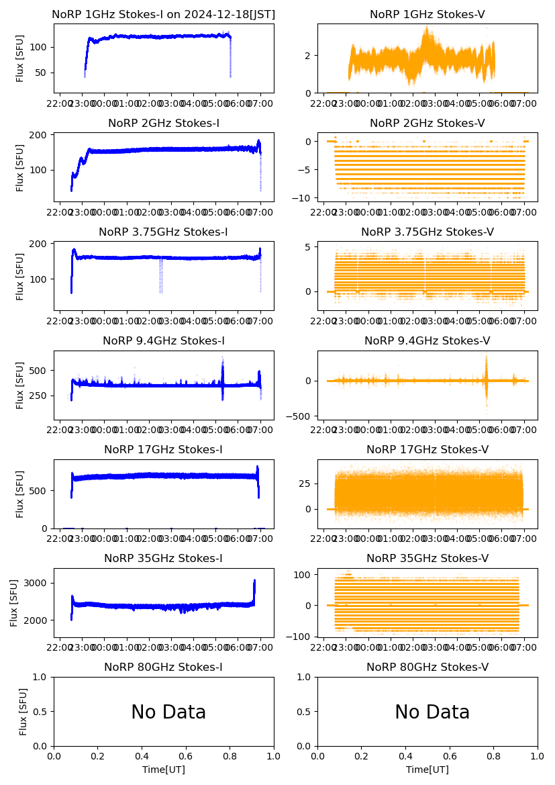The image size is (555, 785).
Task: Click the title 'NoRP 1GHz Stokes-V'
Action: [x=427, y=15]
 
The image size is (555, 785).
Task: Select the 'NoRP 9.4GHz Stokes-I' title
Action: [x=164, y=341]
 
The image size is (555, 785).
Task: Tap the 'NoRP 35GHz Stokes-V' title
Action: [x=427, y=559]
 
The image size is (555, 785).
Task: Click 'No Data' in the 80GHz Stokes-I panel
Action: [x=168, y=712]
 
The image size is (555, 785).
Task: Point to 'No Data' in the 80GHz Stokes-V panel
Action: [x=432, y=712]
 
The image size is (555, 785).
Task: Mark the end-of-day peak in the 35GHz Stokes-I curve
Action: [x=254, y=583]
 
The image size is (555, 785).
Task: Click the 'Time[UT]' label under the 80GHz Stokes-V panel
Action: [x=427, y=770]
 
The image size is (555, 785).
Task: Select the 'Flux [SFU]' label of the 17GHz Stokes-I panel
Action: [x=20, y=494]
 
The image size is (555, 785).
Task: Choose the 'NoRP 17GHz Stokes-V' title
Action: [x=427, y=450]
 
